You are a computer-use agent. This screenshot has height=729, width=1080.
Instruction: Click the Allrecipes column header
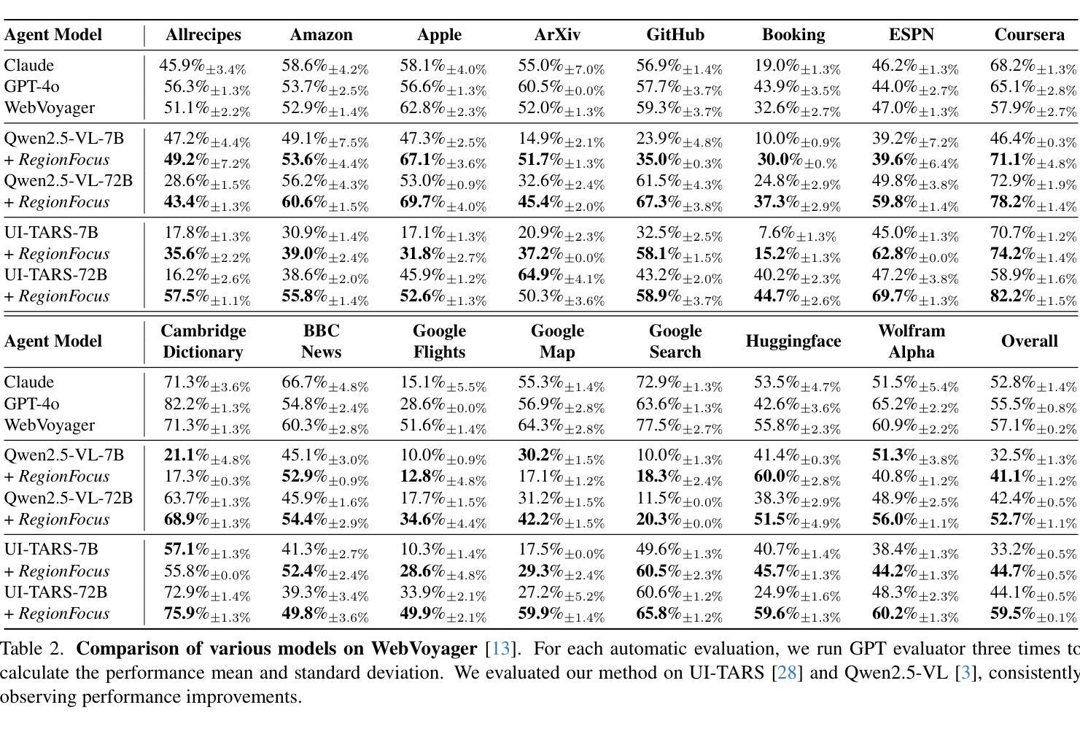(203, 35)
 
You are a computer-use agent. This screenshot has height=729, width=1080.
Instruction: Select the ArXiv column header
(557, 35)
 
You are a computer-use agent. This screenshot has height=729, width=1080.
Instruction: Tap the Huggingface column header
(793, 341)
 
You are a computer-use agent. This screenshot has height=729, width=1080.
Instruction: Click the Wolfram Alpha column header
(912, 341)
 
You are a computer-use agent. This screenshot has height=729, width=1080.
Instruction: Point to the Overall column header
(1030, 341)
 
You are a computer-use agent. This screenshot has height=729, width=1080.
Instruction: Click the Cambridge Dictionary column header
(203, 341)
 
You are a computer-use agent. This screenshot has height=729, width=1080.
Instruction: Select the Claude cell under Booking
(798, 66)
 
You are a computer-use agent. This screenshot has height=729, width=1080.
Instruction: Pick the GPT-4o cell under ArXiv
(562, 88)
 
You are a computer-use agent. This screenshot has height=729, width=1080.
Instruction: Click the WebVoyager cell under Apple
(443, 109)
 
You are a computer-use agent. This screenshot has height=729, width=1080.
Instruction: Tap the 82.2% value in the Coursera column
(1033, 297)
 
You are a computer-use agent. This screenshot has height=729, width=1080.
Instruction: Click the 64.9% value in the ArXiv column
(562, 276)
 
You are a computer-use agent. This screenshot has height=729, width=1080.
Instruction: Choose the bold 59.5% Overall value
(1033, 614)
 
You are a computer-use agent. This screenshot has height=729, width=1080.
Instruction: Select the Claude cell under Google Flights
(443, 382)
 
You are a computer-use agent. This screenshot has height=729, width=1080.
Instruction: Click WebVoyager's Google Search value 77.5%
(680, 425)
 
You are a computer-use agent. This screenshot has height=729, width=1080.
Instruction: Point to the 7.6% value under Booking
(798, 234)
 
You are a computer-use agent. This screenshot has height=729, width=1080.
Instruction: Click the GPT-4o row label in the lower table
(32, 404)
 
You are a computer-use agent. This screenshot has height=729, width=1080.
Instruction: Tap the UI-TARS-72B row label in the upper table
(55, 275)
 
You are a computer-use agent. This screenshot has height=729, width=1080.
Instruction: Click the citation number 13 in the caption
(500, 649)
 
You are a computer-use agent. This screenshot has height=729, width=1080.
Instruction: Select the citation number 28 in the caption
(786, 673)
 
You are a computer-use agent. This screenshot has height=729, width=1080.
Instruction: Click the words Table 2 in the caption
(32, 649)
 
